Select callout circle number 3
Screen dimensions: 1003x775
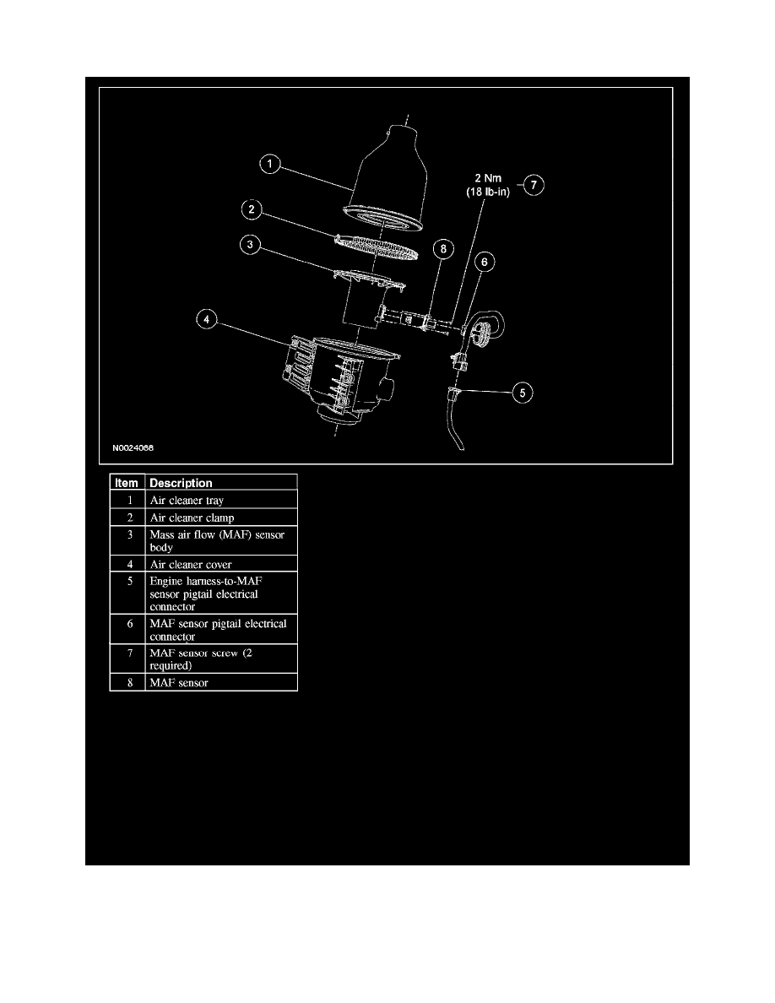point(251,245)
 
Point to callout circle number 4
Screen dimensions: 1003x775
point(207,319)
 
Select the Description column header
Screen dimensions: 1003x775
point(181,483)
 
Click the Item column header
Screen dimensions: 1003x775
point(127,483)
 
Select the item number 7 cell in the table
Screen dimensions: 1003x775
point(127,659)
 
